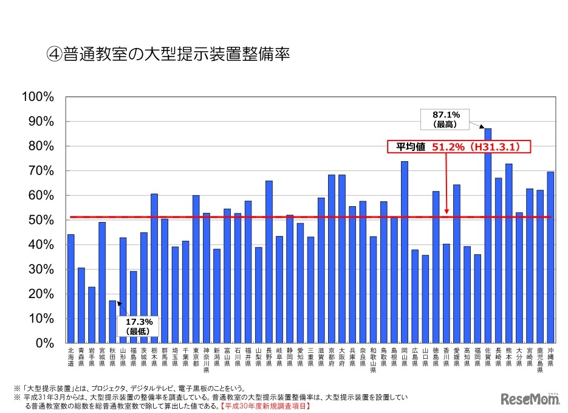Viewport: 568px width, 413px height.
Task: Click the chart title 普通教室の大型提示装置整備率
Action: (x=167, y=55)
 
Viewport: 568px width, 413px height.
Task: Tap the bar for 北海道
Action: (x=71, y=288)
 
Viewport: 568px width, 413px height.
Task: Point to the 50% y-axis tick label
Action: (x=41, y=220)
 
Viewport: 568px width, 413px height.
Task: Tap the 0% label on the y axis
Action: (x=46, y=342)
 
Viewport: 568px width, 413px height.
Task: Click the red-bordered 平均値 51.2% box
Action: (x=459, y=147)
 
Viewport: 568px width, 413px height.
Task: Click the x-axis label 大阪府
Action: (x=342, y=356)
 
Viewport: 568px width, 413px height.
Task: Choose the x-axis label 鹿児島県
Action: (x=540, y=359)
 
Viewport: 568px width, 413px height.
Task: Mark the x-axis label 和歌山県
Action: (x=374, y=359)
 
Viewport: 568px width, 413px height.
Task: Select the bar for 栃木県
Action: (x=154, y=268)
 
